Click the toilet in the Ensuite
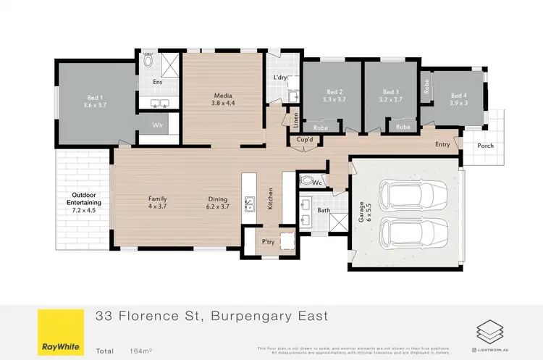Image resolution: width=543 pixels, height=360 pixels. [148, 62]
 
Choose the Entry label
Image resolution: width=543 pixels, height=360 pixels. [442, 144]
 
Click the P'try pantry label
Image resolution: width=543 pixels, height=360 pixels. [269, 241]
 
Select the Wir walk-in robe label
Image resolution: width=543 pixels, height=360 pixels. [158, 125]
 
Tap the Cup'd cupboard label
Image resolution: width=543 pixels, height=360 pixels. [304, 139]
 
